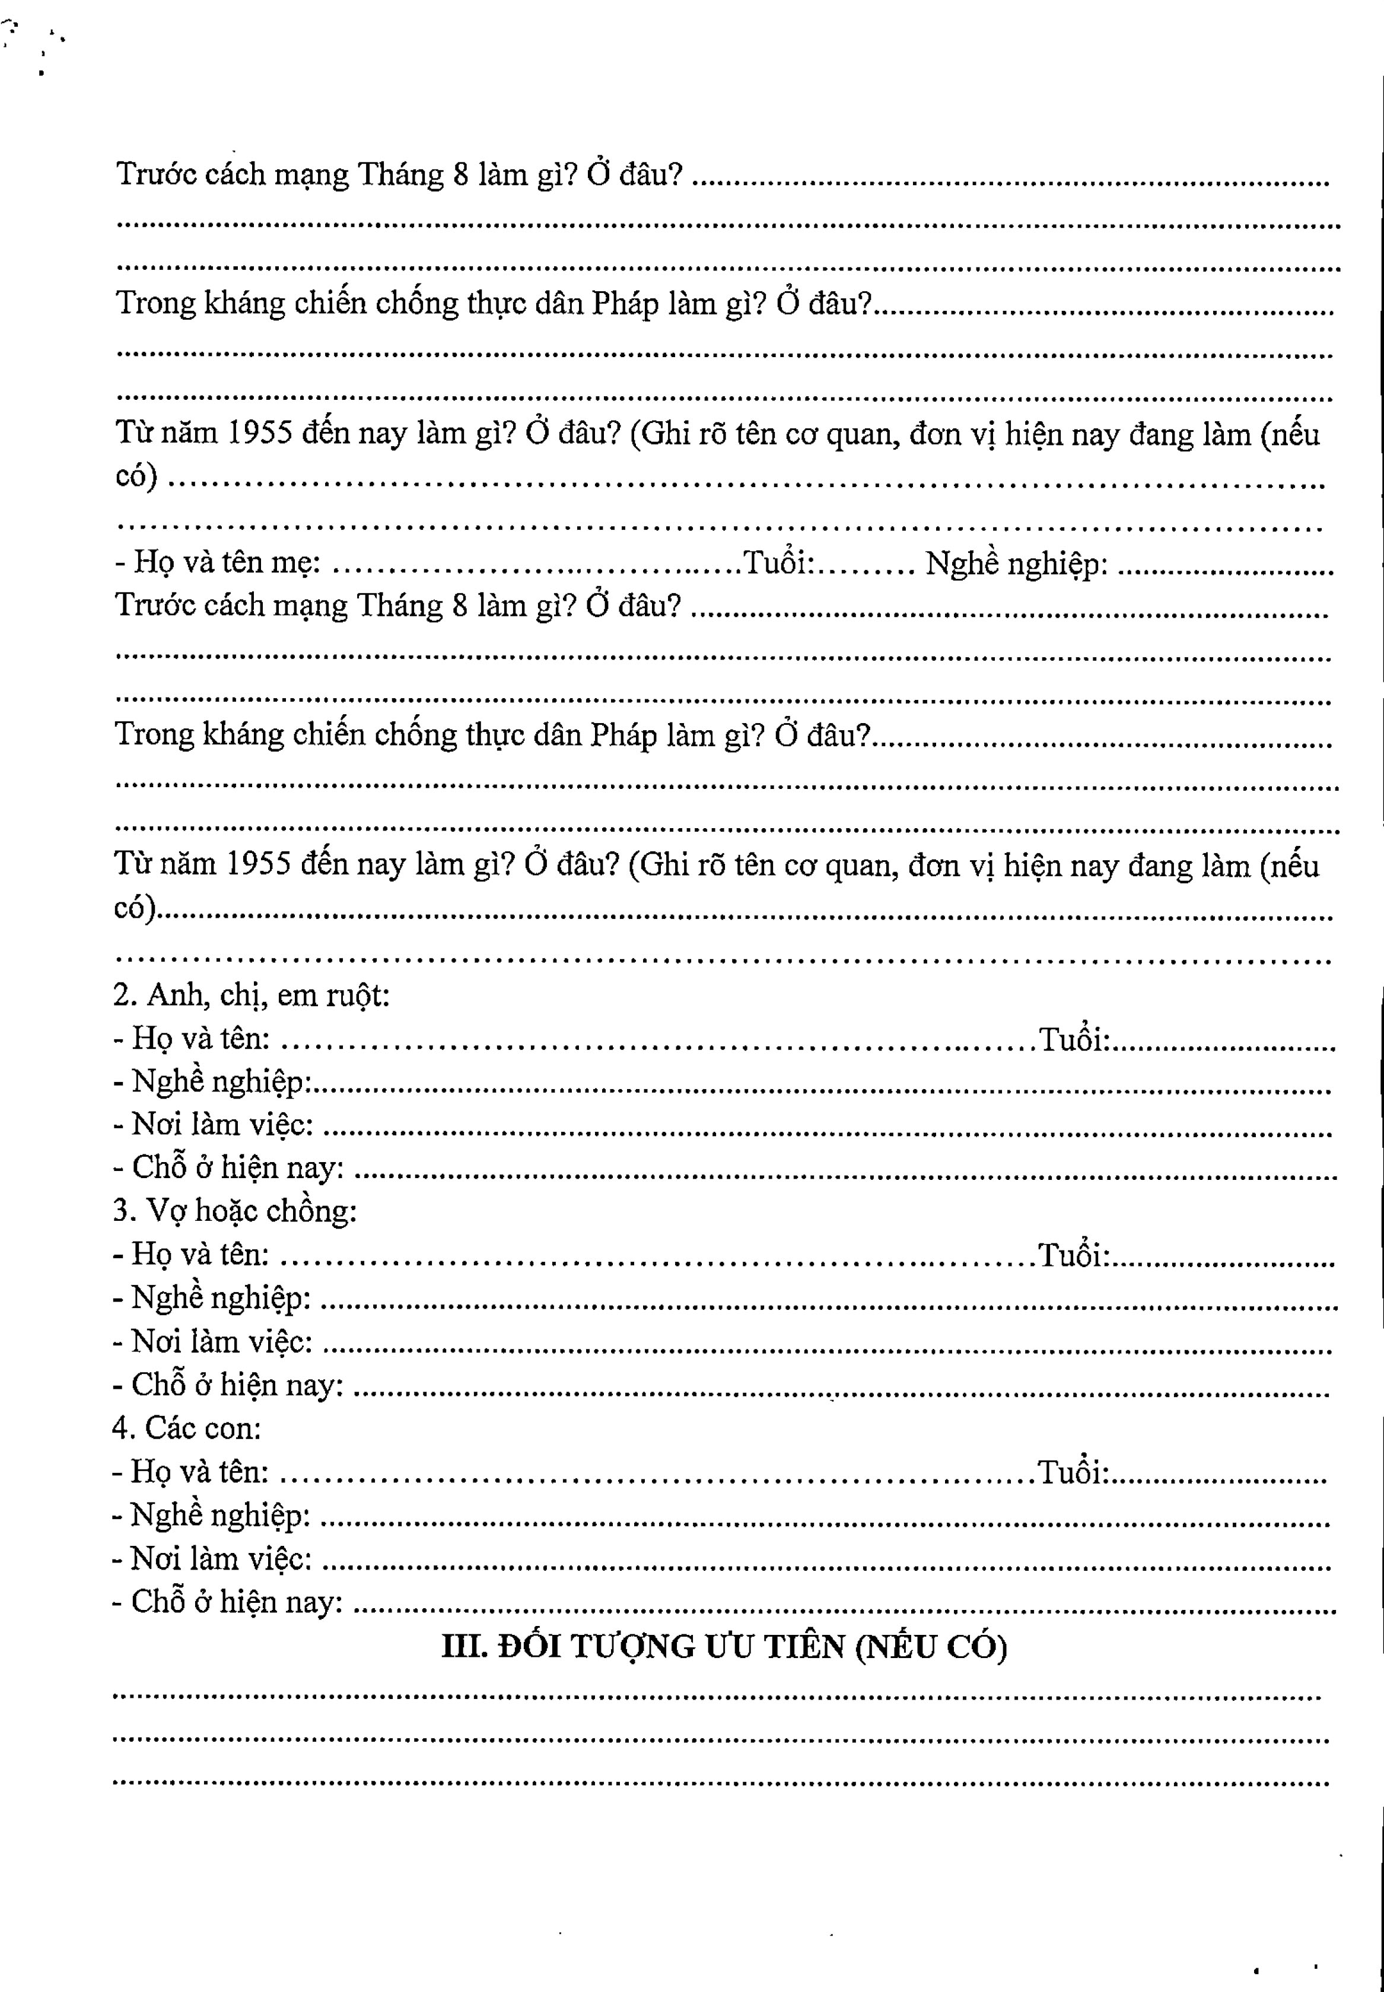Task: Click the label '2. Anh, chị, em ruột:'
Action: point(252,995)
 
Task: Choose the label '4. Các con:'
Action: point(186,1427)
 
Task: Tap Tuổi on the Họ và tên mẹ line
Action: point(778,564)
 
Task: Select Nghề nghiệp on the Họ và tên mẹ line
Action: point(1016,564)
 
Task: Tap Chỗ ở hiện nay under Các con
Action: point(236,1602)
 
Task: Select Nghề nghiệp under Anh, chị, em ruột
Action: point(221,1082)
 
